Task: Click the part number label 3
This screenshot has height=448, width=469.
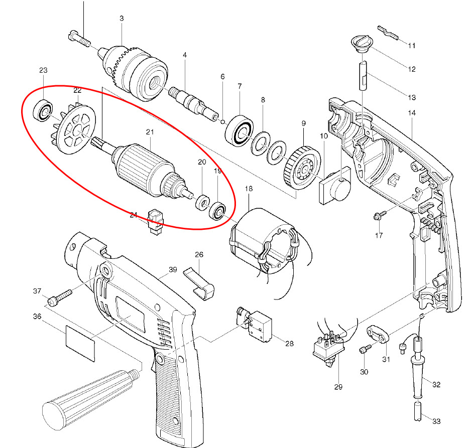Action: tap(122, 19)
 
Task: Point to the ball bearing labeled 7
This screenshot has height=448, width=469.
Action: tap(242, 132)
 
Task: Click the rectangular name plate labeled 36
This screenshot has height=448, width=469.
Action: tap(80, 342)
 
